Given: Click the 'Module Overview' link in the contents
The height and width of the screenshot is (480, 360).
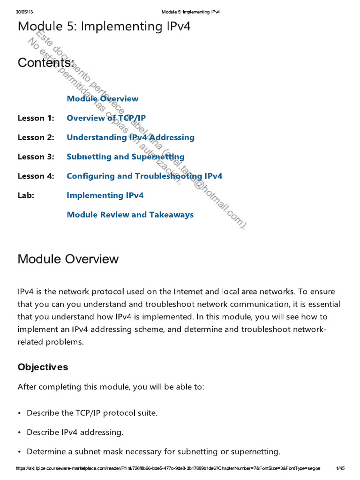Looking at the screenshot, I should pyautogui.click(x=102, y=98).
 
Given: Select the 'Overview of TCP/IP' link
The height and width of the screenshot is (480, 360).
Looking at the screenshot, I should pyautogui.click(x=103, y=118).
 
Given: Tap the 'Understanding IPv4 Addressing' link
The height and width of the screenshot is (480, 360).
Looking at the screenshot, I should pyautogui.click(x=130, y=137).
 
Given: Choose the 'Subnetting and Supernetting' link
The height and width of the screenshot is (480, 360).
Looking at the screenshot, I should pyautogui.click(x=125, y=157).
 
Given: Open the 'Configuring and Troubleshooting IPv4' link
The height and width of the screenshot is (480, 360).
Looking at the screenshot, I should pyautogui.click(x=144, y=176).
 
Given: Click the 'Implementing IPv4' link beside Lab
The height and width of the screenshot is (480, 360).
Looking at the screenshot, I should pyautogui.click(x=105, y=195).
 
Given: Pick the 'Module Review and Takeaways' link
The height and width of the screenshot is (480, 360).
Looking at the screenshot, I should pyautogui.click(x=130, y=215).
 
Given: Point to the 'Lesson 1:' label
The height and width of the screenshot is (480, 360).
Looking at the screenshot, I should pyautogui.click(x=36, y=118).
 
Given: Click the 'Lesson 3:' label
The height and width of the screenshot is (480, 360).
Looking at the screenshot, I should pyautogui.click(x=36, y=157).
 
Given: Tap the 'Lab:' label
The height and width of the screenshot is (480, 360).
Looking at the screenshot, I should pyautogui.click(x=26, y=195).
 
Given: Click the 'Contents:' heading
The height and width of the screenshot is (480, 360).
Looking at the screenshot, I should pyautogui.click(x=46, y=62).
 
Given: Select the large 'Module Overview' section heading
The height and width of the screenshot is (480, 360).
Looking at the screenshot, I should pyautogui.click(x=68, y=259).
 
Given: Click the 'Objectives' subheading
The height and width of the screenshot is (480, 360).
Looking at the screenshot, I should pyautogui.click(x=43, y=367).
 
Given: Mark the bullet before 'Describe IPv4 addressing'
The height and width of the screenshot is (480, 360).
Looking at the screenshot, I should pyautogui.click(x=19, y=433).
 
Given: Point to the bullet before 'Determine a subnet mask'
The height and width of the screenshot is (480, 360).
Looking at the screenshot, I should pyautogui.click(x=19, y=452).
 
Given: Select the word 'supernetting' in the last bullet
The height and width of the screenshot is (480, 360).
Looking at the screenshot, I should pyautogui.click(x=257, y=452).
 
